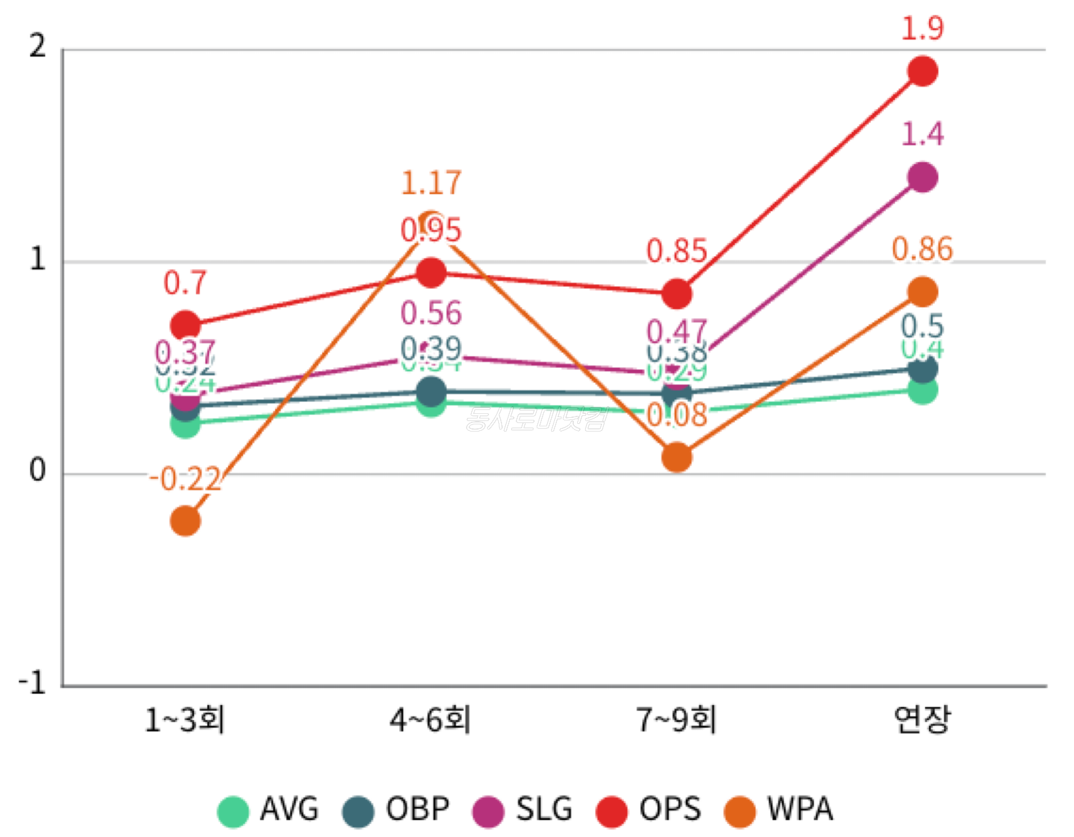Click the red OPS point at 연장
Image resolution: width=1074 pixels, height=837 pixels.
pos(922,71)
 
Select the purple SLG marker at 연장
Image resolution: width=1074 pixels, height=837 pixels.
pos(922,177)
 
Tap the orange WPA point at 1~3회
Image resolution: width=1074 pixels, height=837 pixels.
pos(185,521)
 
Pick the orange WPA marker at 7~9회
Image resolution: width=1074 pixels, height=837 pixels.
pos(677,457)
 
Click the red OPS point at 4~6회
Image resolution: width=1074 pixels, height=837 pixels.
pos(431,273)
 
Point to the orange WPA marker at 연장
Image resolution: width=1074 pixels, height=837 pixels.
pos(922,292)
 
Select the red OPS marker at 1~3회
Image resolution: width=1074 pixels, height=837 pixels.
pos(185,325)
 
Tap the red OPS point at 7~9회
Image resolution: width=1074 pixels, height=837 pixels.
pos(677,294)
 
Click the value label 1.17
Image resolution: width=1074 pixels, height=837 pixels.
pos(431,182)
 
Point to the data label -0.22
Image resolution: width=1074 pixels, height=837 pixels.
pos(185,479)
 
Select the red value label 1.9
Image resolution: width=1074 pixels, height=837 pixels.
pos(922,29)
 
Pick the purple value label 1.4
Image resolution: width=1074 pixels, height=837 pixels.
pos(922,135)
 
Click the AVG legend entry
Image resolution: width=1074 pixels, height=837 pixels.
pos(268,810)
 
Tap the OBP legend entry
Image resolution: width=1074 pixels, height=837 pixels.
pos(396,810)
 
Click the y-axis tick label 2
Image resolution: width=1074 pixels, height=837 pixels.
pos(37,47)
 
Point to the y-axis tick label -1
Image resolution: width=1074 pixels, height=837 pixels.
pos(32,683)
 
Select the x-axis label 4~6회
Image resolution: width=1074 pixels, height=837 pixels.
pos(431,721)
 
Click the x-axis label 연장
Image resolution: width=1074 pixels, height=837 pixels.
pos(922,721)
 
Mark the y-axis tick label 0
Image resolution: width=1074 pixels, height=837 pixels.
pos(37,471)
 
